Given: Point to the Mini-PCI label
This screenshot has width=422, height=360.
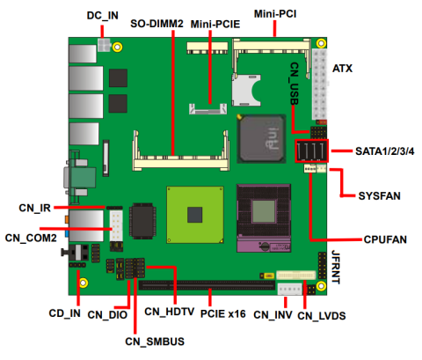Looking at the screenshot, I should (275, 14).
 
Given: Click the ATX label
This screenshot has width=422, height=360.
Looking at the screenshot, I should (344, 67).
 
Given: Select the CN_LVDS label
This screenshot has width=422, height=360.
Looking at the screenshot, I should (323, 314).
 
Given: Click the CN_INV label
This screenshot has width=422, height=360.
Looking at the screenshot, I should (273, 314).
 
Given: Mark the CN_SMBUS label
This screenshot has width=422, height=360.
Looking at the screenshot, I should (155, 341).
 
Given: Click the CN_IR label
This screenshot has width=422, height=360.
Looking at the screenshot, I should (34, 209).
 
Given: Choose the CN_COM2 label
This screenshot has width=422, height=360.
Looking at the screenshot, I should (31, 237).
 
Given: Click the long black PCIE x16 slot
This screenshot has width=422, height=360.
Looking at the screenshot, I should (207, 284).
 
